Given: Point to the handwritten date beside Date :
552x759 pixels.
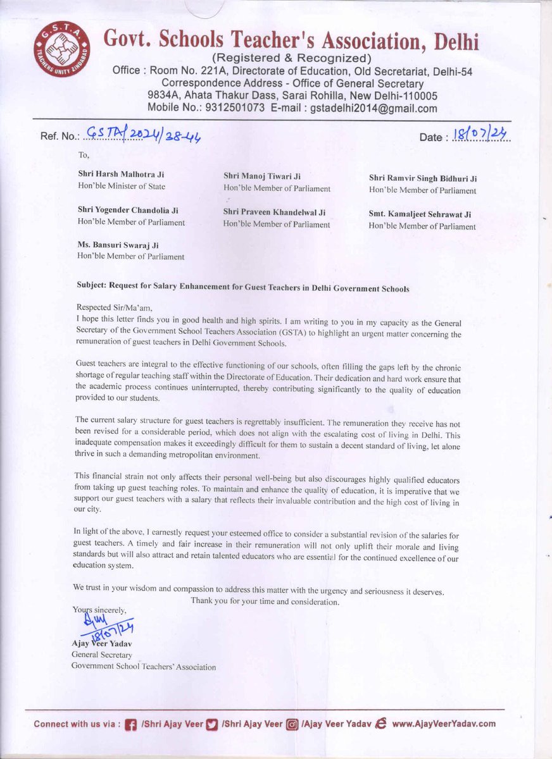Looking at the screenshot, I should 482,134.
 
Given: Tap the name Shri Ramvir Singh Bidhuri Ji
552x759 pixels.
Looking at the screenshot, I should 422,178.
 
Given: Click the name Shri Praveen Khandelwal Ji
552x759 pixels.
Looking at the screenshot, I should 275,212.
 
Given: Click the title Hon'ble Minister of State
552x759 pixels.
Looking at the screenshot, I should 121,186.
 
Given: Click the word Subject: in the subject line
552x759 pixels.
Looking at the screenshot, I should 91,285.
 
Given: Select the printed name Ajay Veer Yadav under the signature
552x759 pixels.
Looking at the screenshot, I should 101,644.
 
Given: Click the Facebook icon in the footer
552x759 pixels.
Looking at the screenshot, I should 131,724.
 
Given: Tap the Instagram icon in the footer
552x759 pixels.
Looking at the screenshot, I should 292,724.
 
